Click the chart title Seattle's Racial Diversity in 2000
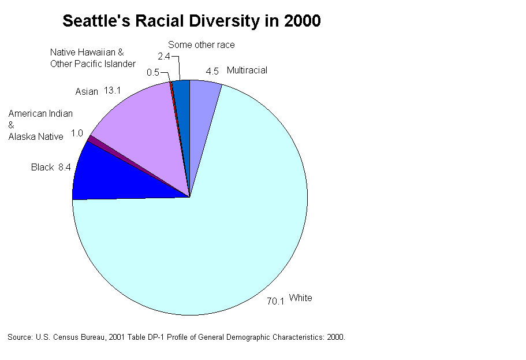(191, 21)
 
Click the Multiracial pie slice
(202, 98)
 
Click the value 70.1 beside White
(275, 301)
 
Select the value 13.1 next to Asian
(114, 91)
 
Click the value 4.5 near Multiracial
(212, 71)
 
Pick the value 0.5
(153, 72)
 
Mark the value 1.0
(77, 133)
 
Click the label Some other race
(201, 44)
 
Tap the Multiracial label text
(247, 70)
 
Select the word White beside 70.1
(300, 298)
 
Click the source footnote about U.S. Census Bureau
(176, 336)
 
